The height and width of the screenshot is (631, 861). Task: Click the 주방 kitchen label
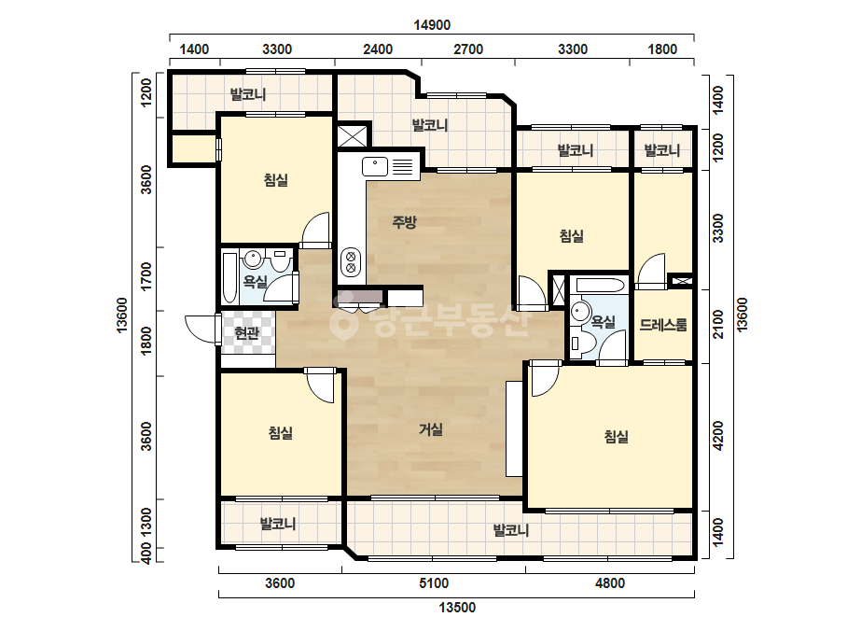coord(404,222)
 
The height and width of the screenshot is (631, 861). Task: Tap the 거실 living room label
coord(431,429)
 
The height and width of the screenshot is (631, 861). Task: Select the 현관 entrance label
coord(246,333)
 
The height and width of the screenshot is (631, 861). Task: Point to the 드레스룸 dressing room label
coord(662,325)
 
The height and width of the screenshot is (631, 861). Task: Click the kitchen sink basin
coord(375,166)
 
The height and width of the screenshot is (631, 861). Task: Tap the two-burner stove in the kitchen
coord(351,262)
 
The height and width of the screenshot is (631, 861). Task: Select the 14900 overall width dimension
coord(432,25)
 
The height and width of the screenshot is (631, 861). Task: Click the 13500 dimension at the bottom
coord(457,608)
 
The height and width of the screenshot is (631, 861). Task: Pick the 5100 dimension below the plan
coord(434,583)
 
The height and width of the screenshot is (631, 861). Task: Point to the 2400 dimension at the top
coord(378,49)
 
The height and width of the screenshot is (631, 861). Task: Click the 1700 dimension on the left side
coord(146,276)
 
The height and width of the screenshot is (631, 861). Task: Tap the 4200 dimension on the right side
coord(717,436)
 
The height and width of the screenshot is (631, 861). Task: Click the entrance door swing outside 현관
coord(201,330)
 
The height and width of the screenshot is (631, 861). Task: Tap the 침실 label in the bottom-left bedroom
coord(281,433)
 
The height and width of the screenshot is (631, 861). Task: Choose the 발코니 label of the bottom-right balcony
coord(510,530)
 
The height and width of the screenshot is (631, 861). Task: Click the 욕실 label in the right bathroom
coord(603,322)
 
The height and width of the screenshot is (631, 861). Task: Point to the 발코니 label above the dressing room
coord(661,150)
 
